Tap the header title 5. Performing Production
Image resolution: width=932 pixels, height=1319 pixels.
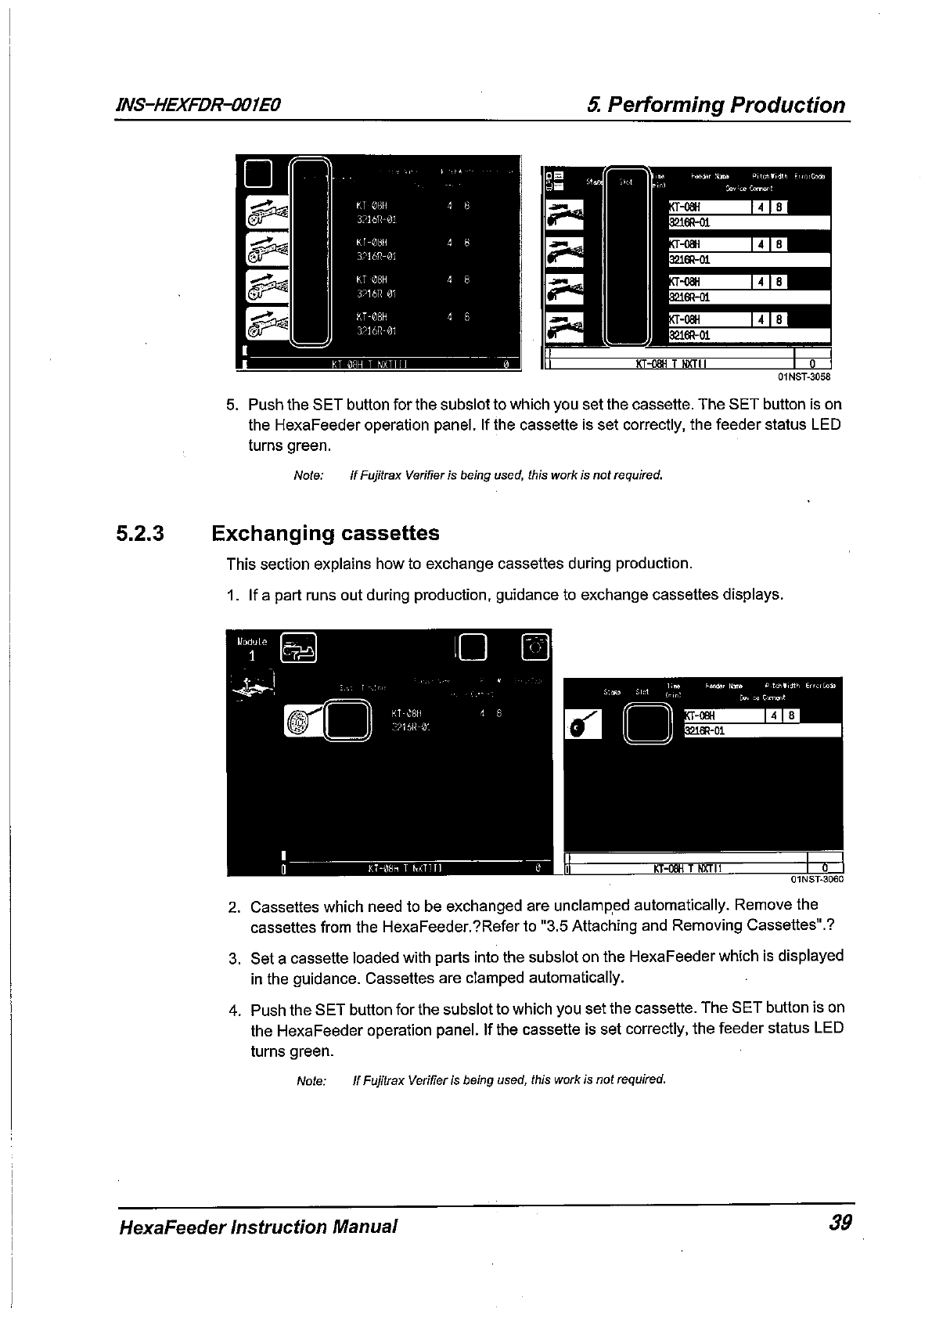coord(717,105)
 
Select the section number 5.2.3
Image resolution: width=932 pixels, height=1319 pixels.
coord(140,534)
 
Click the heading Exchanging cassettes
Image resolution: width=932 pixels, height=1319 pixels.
coord(326,534)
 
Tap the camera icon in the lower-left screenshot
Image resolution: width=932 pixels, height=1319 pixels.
coord(537,647)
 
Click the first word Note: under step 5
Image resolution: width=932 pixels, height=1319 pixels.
coord(308,475)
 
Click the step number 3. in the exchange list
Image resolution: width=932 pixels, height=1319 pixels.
coord(234,957)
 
